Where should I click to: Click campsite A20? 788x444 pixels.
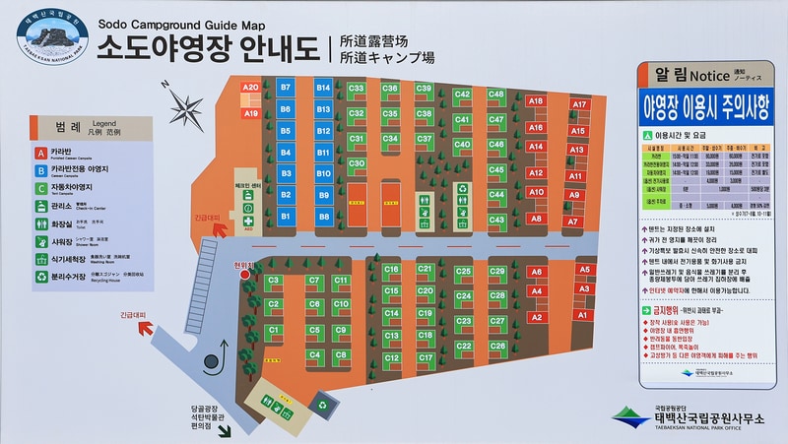[x=251, y=88]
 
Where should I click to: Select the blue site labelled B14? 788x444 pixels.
[x=323, y=88]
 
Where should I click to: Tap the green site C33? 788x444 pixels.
[x=357, y=89]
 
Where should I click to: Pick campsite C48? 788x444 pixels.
[x=495, y=95]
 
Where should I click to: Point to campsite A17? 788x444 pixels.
[x=579, y=104]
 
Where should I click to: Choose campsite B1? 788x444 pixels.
[x=286, y=215]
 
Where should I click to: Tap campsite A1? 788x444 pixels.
[x=582, y=314]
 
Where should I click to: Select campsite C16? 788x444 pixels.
[x=391, y=269]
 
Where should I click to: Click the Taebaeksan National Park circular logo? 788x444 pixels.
[x=53, y=40]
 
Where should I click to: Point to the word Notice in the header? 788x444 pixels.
[x=704, y=73]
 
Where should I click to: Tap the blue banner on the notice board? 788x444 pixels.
[x=704, y=104]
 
